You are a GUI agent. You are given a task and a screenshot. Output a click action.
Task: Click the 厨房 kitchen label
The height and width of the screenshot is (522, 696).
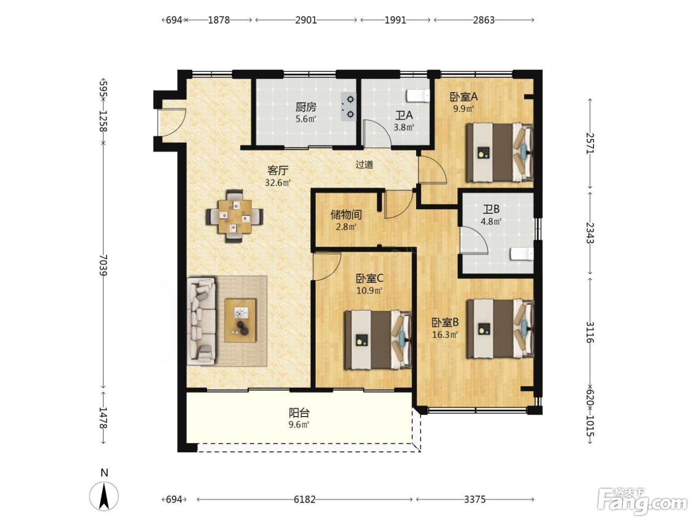point(306,107)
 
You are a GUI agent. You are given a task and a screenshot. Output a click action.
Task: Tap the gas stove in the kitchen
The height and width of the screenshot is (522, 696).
point(348,107)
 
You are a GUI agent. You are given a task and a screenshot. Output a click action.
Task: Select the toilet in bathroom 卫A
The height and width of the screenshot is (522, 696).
point(418,96)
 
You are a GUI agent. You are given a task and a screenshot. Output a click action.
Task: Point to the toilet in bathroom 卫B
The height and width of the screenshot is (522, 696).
point(522,254)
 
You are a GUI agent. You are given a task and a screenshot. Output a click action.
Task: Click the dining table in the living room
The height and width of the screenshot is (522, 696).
point(235,216)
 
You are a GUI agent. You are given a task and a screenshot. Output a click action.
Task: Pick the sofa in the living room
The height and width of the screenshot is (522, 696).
point(201,321)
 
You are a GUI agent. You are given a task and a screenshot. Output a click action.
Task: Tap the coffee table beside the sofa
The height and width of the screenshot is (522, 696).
point(240,321)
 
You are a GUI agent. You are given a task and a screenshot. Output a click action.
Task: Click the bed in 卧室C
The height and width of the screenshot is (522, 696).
point(378,340)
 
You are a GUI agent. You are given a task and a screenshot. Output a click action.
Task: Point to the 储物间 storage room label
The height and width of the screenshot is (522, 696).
point(346,215)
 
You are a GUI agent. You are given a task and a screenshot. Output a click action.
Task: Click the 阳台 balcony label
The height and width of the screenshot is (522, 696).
point(299,413)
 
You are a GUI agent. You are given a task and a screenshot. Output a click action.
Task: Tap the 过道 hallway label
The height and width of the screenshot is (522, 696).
point(364,165)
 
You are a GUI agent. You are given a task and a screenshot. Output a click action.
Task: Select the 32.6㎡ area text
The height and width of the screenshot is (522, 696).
point(278,183)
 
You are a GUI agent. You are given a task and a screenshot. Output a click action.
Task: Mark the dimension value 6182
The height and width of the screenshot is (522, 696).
point(304,500)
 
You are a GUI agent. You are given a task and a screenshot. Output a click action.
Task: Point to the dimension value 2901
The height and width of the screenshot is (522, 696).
point(306,20)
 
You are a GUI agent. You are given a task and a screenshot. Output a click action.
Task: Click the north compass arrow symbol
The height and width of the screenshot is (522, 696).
point(104,496)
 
